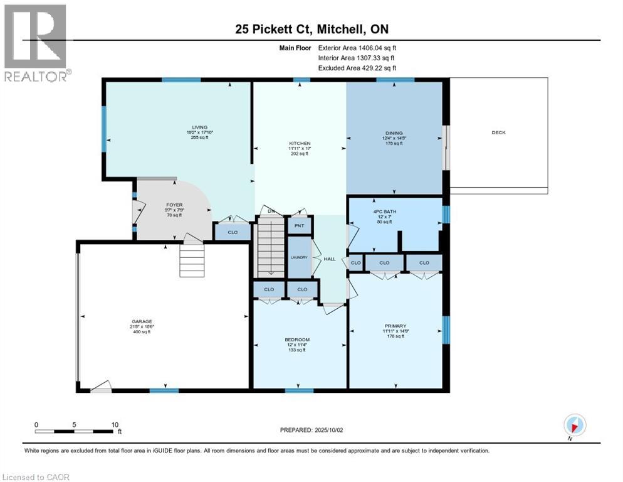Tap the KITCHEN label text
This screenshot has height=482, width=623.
tap(300, 144)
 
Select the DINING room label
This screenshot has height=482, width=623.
tap(394, 133)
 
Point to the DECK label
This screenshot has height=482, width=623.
tap(498, 132)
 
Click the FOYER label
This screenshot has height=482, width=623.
tap(174, 205)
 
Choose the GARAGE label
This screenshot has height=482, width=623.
tap(141, 321)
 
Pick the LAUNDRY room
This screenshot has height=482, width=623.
tap(299, 257)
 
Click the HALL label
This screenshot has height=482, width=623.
tap(330, 258)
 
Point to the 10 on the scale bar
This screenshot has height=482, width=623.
tap(115, 424)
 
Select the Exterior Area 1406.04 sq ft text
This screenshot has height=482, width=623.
tap(357, 47)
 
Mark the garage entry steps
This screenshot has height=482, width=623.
tap(192, 260)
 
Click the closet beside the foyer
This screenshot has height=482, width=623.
tap(233, 232)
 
